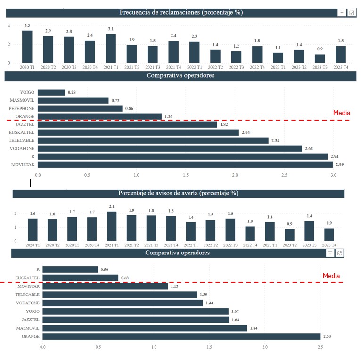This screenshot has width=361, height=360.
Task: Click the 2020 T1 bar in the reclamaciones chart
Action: point(27,47)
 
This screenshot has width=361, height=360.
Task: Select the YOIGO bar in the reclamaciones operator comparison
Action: point(51,92)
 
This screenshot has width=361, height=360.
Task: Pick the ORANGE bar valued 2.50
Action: point(181,336)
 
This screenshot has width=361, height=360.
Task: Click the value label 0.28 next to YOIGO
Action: point(72,92)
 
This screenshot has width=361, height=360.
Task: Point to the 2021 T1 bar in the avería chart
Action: point(112,226)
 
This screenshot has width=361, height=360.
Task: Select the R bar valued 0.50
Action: point(70,270)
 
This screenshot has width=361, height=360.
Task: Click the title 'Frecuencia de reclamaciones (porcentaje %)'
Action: point(181,13)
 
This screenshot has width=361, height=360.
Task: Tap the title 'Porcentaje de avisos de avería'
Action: point(178,193)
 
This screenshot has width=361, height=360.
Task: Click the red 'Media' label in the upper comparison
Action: point(342,113)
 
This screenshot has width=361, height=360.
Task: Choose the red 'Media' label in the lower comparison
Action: point(331,276)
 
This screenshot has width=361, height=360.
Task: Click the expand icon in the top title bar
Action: point(352,13)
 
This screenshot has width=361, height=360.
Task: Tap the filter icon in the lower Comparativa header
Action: point(330,253)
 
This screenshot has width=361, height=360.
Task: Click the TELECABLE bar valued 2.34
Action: point(153,140)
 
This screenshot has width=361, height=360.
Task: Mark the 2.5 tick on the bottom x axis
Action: point(320,347)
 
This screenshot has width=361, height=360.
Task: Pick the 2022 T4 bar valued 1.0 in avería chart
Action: point(250,234)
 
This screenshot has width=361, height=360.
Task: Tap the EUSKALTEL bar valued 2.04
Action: point(138,132)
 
